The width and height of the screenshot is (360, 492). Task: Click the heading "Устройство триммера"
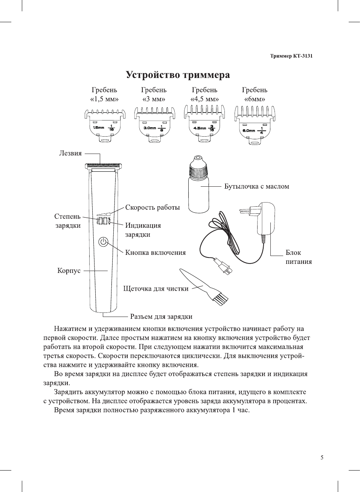178,75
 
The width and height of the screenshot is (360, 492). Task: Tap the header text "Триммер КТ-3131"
291,56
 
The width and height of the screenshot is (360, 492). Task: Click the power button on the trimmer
104,242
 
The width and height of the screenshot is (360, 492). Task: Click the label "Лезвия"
70,153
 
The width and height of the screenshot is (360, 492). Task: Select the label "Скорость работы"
153,207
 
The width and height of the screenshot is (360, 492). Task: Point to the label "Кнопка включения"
156,253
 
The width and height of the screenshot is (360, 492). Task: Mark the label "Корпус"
69,271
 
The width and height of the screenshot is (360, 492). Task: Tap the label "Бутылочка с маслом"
257,186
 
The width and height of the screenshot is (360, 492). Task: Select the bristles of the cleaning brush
220,299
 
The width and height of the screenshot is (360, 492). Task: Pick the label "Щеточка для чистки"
156,289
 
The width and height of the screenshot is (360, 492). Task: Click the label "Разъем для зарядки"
161,317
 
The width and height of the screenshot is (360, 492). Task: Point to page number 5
322,457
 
